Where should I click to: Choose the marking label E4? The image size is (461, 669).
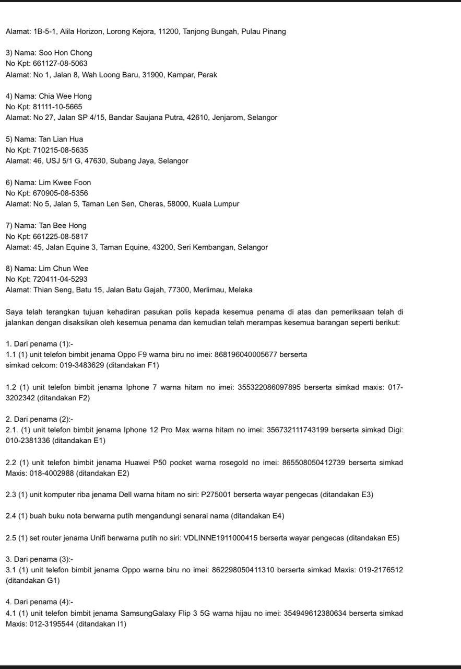coord(278,516)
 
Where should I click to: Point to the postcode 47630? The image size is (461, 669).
coord(96,161)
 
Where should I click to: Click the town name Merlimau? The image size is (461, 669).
coord(207,290)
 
